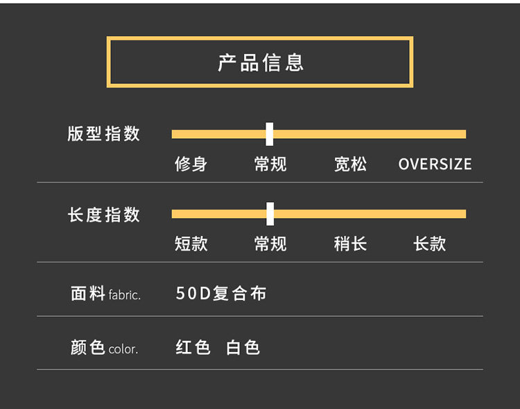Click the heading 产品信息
tap(261, 62)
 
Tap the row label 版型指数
tap(104, 134)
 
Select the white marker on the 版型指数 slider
tap(270, 134)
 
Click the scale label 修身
tap(191, 165)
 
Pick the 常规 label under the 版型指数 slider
tap(270, 165)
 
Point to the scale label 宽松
tap(350, 165)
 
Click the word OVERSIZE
tap(435, 165)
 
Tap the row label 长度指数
tap(104, 215)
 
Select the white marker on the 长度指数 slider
tap(270, 214)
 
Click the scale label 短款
tap(191, 244)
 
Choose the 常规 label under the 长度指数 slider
tap(270, 244)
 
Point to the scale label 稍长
tap(350, 244)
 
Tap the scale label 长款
tap(430, 244)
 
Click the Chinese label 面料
tap(88, 294)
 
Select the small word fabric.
tap(125, 295)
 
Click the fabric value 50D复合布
tap(221, 294)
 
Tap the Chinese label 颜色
tap(88, 347)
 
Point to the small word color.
tap(123, 349)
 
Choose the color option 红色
tap(193, 347)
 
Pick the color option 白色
tap(243, 347)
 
